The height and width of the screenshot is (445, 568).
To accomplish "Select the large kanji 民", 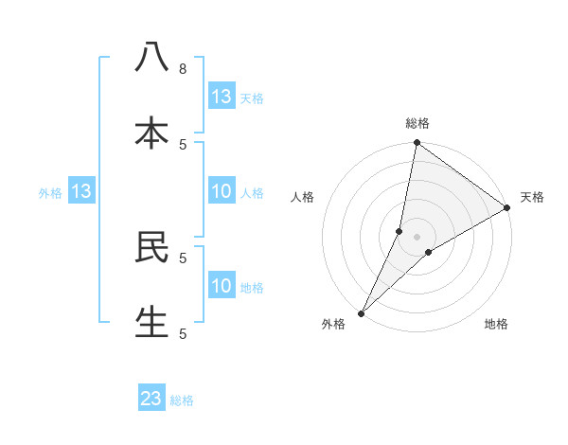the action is click(151, 245).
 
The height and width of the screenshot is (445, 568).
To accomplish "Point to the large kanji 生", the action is click(151, 321).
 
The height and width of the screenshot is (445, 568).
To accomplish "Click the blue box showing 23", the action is click(151, 399).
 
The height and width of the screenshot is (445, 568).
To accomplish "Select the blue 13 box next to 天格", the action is click(222, 96).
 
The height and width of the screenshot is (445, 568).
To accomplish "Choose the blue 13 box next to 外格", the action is click(81, 191).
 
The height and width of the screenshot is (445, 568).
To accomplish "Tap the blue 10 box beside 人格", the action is click(222, 191).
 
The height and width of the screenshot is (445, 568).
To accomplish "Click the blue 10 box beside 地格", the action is click(222, 286).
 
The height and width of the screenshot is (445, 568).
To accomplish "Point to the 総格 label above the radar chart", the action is click(417, 123).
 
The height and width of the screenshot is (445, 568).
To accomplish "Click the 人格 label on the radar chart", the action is click(303, 197).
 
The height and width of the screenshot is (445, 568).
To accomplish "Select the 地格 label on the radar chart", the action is click(496, 324).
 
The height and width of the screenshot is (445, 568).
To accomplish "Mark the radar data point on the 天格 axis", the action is click(507, 208).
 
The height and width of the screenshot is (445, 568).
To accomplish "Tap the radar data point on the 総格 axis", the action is click(417, 143).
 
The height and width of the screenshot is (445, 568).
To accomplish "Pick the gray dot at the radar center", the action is click(417, 236).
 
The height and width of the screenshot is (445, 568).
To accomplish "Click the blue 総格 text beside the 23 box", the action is click(182, 400).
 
